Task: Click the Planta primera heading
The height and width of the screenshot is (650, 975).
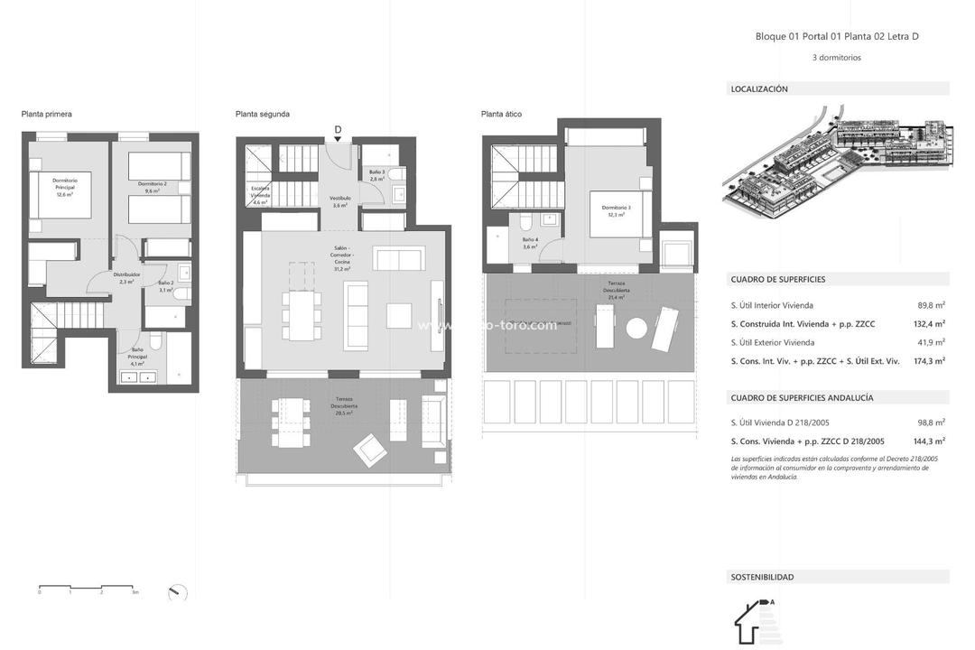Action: (46, 115)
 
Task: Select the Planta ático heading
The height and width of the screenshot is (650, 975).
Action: (501, 115)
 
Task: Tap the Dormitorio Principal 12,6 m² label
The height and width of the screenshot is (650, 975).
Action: (64, 187)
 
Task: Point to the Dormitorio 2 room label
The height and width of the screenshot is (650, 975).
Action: (153, 187)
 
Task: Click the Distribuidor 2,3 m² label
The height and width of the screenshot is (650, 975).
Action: (126, 278)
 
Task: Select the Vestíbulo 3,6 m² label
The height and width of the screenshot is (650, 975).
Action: (340, 201)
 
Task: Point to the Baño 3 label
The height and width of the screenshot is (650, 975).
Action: (376, 175)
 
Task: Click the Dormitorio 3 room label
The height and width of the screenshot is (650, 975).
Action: (617, 211)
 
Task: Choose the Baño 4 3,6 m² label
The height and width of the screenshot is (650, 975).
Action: (531, 243)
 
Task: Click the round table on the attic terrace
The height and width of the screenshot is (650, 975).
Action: (637, 328)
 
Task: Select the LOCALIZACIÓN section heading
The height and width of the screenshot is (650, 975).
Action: (759, 89)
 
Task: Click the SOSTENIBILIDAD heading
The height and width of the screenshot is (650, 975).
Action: (763, 577)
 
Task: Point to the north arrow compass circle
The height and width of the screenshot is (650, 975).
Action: (178, 593)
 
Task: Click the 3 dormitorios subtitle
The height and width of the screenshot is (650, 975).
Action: (837, 58)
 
